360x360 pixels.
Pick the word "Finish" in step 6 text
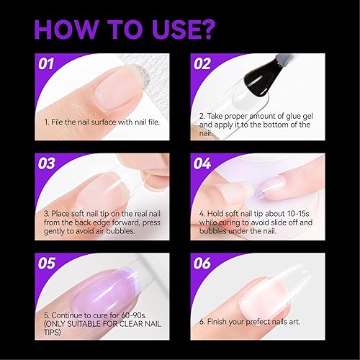coord(220,320)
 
